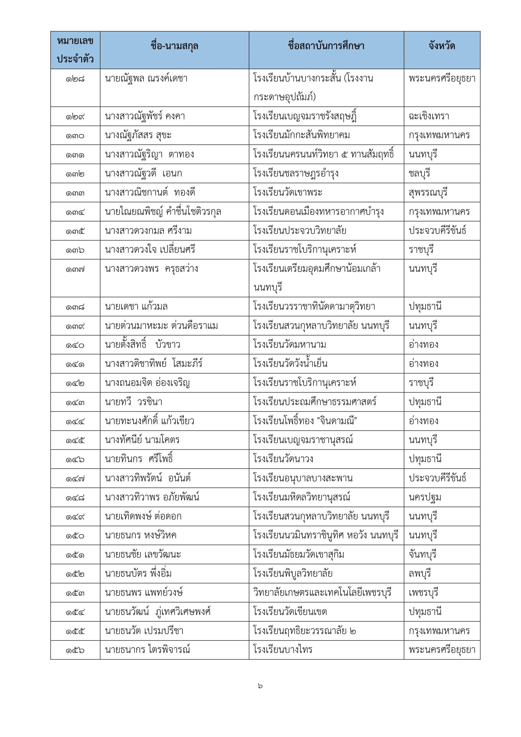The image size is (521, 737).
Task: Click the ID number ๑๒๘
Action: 75,79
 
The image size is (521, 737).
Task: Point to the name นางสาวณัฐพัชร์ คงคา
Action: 145,116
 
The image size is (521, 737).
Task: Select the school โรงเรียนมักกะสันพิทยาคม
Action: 301,135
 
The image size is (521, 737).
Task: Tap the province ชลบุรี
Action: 419,173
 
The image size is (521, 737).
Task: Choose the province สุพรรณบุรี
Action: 428,193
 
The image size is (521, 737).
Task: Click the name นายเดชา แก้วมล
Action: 136,307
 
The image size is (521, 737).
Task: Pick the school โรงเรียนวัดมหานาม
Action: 289,345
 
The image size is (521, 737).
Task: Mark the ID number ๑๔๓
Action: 75,402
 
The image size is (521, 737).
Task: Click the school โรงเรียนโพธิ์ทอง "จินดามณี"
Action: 305,421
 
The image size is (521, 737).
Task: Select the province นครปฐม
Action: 425,497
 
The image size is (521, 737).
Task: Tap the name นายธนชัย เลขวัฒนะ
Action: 143,554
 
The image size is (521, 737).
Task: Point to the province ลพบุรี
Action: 419,573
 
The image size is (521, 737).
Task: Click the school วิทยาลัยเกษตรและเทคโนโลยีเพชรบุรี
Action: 322,593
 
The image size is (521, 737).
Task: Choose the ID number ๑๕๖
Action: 75,650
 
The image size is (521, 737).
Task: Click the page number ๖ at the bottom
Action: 260,686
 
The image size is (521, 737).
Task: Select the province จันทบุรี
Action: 422,554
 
